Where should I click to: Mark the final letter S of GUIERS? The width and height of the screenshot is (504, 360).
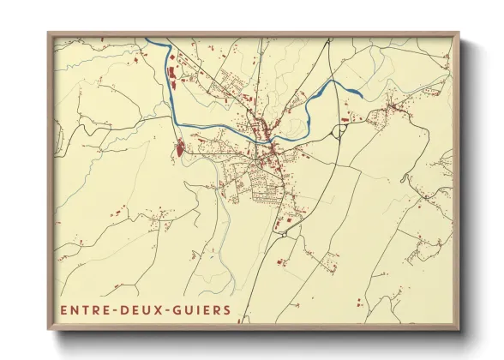227,309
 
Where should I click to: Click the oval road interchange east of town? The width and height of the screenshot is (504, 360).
340,130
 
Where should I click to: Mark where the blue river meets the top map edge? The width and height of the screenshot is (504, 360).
149,39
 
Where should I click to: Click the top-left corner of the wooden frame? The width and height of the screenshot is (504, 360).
48,33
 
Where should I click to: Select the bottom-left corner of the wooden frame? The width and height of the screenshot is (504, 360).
48,331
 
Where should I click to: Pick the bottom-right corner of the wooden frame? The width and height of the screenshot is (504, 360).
459,331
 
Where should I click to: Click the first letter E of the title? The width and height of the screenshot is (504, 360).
63,309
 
